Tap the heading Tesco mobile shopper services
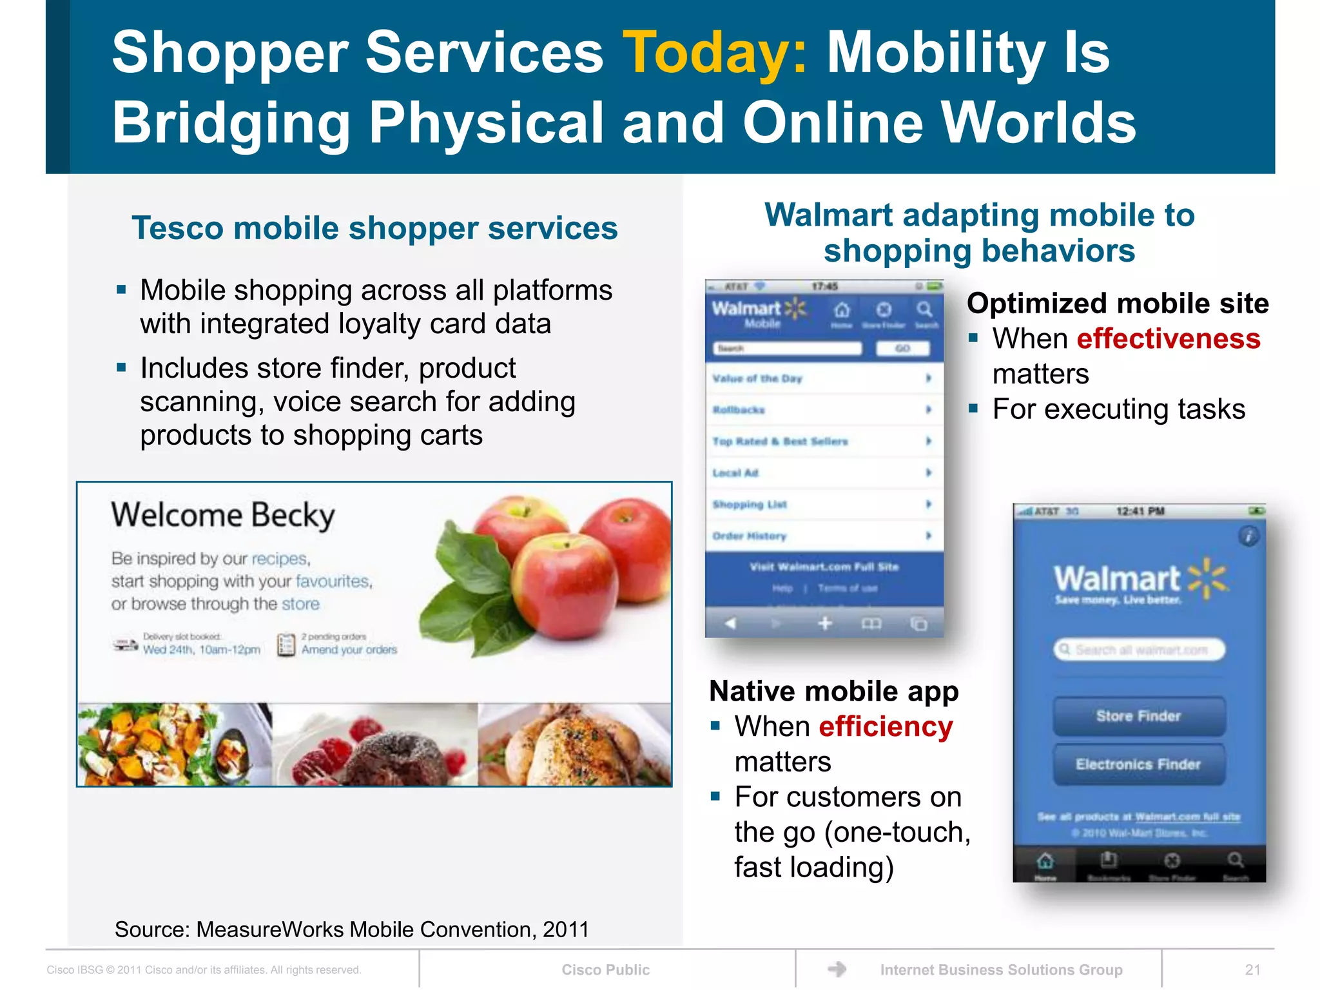(x=374, y=228)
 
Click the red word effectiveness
(x=1168, y=339)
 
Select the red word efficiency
(x=886, y=727)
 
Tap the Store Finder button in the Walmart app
(x=1139, y=716)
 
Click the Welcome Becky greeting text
(x=223, y=516)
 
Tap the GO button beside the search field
(x=902, y=349)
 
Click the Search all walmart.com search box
(x=1140, y=650)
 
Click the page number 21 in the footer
(x=1252, y=970)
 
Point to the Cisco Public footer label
(x=605, y=970)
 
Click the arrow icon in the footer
(x=837, y=969)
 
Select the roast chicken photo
(x=574, y=745)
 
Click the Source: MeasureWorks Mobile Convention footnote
(x=352, y=929)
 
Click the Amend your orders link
(x=349, y=650)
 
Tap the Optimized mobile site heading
(x=1118, y=304)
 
